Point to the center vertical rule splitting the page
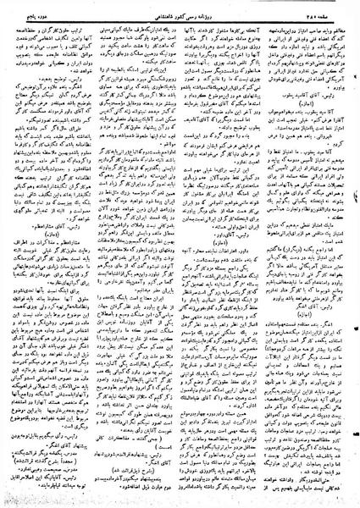pyautogui.click(x=181, y=254)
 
